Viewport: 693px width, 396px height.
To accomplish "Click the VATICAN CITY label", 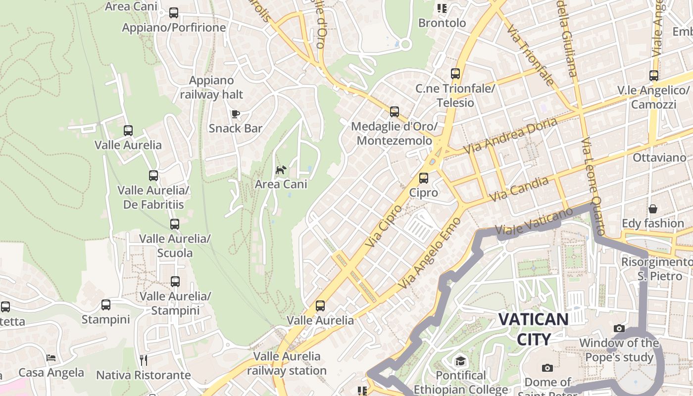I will click(533, 329).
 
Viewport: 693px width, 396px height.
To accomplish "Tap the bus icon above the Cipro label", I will click(424, 178).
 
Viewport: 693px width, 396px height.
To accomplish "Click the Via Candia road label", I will click(519, 189).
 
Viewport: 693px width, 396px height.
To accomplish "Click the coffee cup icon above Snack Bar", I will click(236, 114).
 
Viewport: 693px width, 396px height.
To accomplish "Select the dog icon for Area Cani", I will click(281, 170).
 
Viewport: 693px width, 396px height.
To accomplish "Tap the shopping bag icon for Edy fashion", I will click(653, 209).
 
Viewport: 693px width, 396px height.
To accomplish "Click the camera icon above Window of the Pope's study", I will click(619, 328).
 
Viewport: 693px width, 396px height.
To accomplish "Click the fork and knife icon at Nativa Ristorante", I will click(144, 360).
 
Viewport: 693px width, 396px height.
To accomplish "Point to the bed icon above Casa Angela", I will click(51, 358).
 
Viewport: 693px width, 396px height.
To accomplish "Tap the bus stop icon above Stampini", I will click(105, 305).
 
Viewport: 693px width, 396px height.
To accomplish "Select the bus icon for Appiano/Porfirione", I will click(173, 13).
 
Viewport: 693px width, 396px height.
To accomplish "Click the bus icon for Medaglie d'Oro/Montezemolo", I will click(394, 112).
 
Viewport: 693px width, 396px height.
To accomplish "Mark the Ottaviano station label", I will click(659, 158).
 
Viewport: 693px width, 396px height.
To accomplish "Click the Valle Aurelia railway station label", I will click(287, 363).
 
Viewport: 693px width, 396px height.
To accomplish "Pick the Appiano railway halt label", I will click(211, 87).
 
